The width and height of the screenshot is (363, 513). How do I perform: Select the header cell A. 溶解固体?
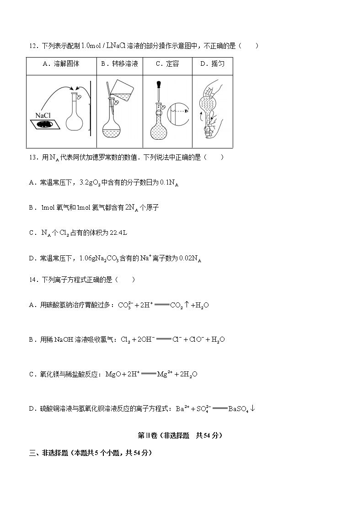(61, 64)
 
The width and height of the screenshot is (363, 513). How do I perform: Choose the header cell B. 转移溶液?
(119, 64)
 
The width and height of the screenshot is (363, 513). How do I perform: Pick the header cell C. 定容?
(167, 64)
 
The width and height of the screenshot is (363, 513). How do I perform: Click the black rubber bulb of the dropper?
(159, 85)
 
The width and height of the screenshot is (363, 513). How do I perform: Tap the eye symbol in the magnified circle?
(187, 111)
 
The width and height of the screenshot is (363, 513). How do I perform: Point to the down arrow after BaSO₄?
(252, 408)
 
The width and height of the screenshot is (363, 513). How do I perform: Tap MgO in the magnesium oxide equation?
(113, 374)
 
